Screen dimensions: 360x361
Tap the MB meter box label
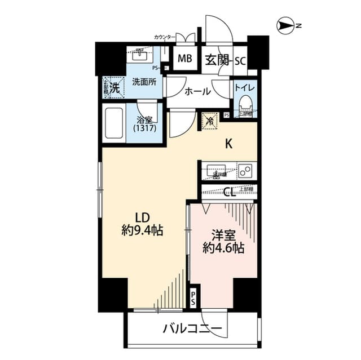184,59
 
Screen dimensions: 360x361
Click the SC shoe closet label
240,60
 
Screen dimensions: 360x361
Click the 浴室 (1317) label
145,125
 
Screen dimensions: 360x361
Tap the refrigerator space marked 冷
209,120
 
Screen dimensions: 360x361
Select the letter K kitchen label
229,143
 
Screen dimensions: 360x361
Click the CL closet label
229,193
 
